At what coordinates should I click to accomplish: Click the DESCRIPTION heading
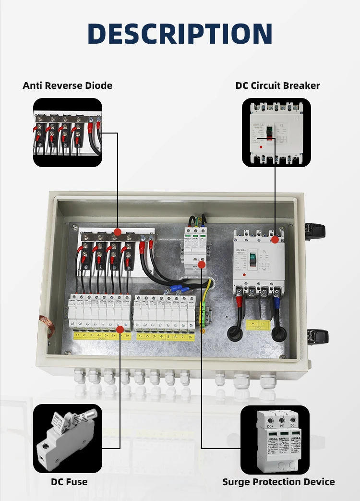180,34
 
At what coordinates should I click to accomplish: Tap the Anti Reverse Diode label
67,86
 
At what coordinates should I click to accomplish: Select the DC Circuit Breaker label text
277,86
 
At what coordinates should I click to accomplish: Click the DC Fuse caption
69,482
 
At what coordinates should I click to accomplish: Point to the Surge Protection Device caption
278,482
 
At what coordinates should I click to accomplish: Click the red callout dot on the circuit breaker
275,239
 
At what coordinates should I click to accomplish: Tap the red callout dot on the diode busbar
117,232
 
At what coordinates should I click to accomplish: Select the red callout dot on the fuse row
120,329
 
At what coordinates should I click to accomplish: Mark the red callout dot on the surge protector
202,264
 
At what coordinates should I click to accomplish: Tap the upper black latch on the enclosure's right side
317,231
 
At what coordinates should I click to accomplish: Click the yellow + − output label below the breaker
258,325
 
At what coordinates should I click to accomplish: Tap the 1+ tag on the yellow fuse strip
77,335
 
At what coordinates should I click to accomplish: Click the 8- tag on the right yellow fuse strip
192,337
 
